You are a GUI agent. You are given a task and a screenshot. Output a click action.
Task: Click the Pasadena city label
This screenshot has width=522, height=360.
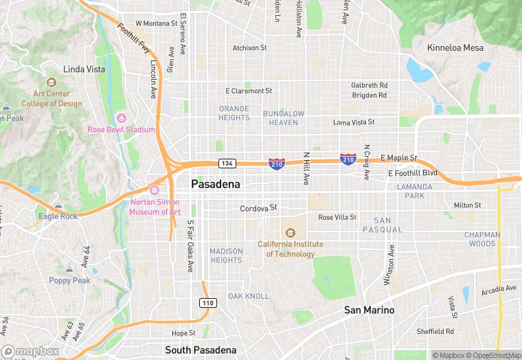(216, 185)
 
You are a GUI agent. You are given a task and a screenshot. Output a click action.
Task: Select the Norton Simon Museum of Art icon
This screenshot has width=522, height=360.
(155, 190)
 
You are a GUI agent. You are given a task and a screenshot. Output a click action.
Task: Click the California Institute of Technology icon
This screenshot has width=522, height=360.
(290, 233)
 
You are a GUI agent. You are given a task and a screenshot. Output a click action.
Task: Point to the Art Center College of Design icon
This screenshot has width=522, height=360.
(52, 83)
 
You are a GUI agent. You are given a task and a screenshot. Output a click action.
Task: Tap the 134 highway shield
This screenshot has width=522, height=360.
(227, 164)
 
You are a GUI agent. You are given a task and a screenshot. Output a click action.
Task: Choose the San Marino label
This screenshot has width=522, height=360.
(369, 310)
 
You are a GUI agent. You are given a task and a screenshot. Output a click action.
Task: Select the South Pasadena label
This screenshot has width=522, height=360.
(201, 350)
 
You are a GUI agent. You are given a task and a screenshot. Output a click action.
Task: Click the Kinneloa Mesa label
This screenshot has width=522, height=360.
(455, 47)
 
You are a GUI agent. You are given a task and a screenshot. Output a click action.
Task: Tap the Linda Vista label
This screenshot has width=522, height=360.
(84, 69)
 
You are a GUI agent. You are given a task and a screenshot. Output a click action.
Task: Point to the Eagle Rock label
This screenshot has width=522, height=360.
(58, 216)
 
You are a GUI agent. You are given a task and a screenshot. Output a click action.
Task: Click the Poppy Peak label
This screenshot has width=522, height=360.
(69, 280)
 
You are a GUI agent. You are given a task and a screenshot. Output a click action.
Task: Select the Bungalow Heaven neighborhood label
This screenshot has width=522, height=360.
(283, 117)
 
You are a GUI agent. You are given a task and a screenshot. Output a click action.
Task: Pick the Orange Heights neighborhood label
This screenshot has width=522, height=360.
(234, 113)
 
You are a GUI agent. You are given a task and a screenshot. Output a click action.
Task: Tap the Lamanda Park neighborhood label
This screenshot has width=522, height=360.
(415, 191)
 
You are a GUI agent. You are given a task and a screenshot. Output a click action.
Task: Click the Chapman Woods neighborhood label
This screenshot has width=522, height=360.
(482, 239)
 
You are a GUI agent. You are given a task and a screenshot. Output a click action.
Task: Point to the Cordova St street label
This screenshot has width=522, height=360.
(258, 207)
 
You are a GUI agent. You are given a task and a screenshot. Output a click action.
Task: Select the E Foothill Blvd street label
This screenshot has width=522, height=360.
(412, 173)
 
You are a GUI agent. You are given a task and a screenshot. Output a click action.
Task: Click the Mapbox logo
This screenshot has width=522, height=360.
(31, 351)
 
